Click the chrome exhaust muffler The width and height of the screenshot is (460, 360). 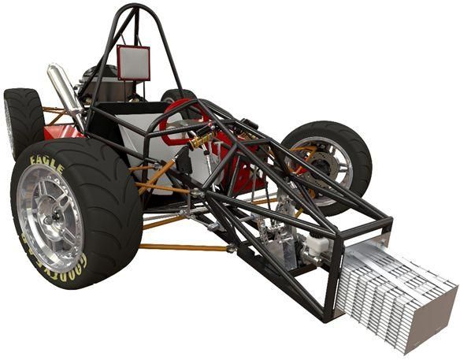pos(64,87)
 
